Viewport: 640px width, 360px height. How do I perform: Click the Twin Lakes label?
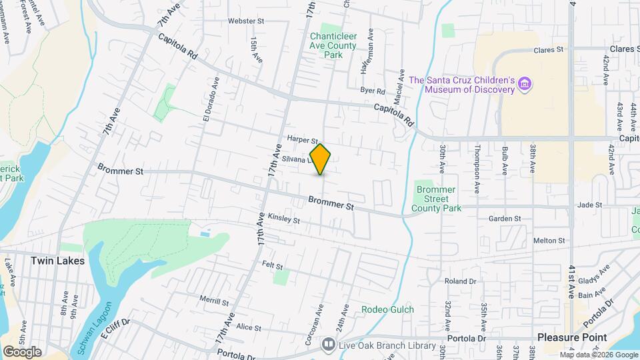click(x=57, y=261)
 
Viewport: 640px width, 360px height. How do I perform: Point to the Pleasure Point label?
click(x=572, y=337)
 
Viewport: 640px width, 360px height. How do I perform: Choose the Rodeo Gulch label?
click(x=387, y=309)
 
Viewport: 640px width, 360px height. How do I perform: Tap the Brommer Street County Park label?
click(x=437, y=199)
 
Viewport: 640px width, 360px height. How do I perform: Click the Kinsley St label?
click(x=283, y=218)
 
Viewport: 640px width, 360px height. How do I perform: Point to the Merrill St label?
click(x=214, y=301)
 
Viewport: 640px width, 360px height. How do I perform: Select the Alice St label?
click(x=248, y=327)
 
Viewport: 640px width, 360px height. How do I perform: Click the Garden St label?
click(x=503, y=219)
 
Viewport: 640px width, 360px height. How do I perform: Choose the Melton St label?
click(x=549, y=240)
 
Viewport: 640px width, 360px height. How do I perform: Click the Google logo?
click(x=22, y=352)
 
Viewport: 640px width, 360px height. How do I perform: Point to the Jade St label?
click(x=590, y=205)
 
